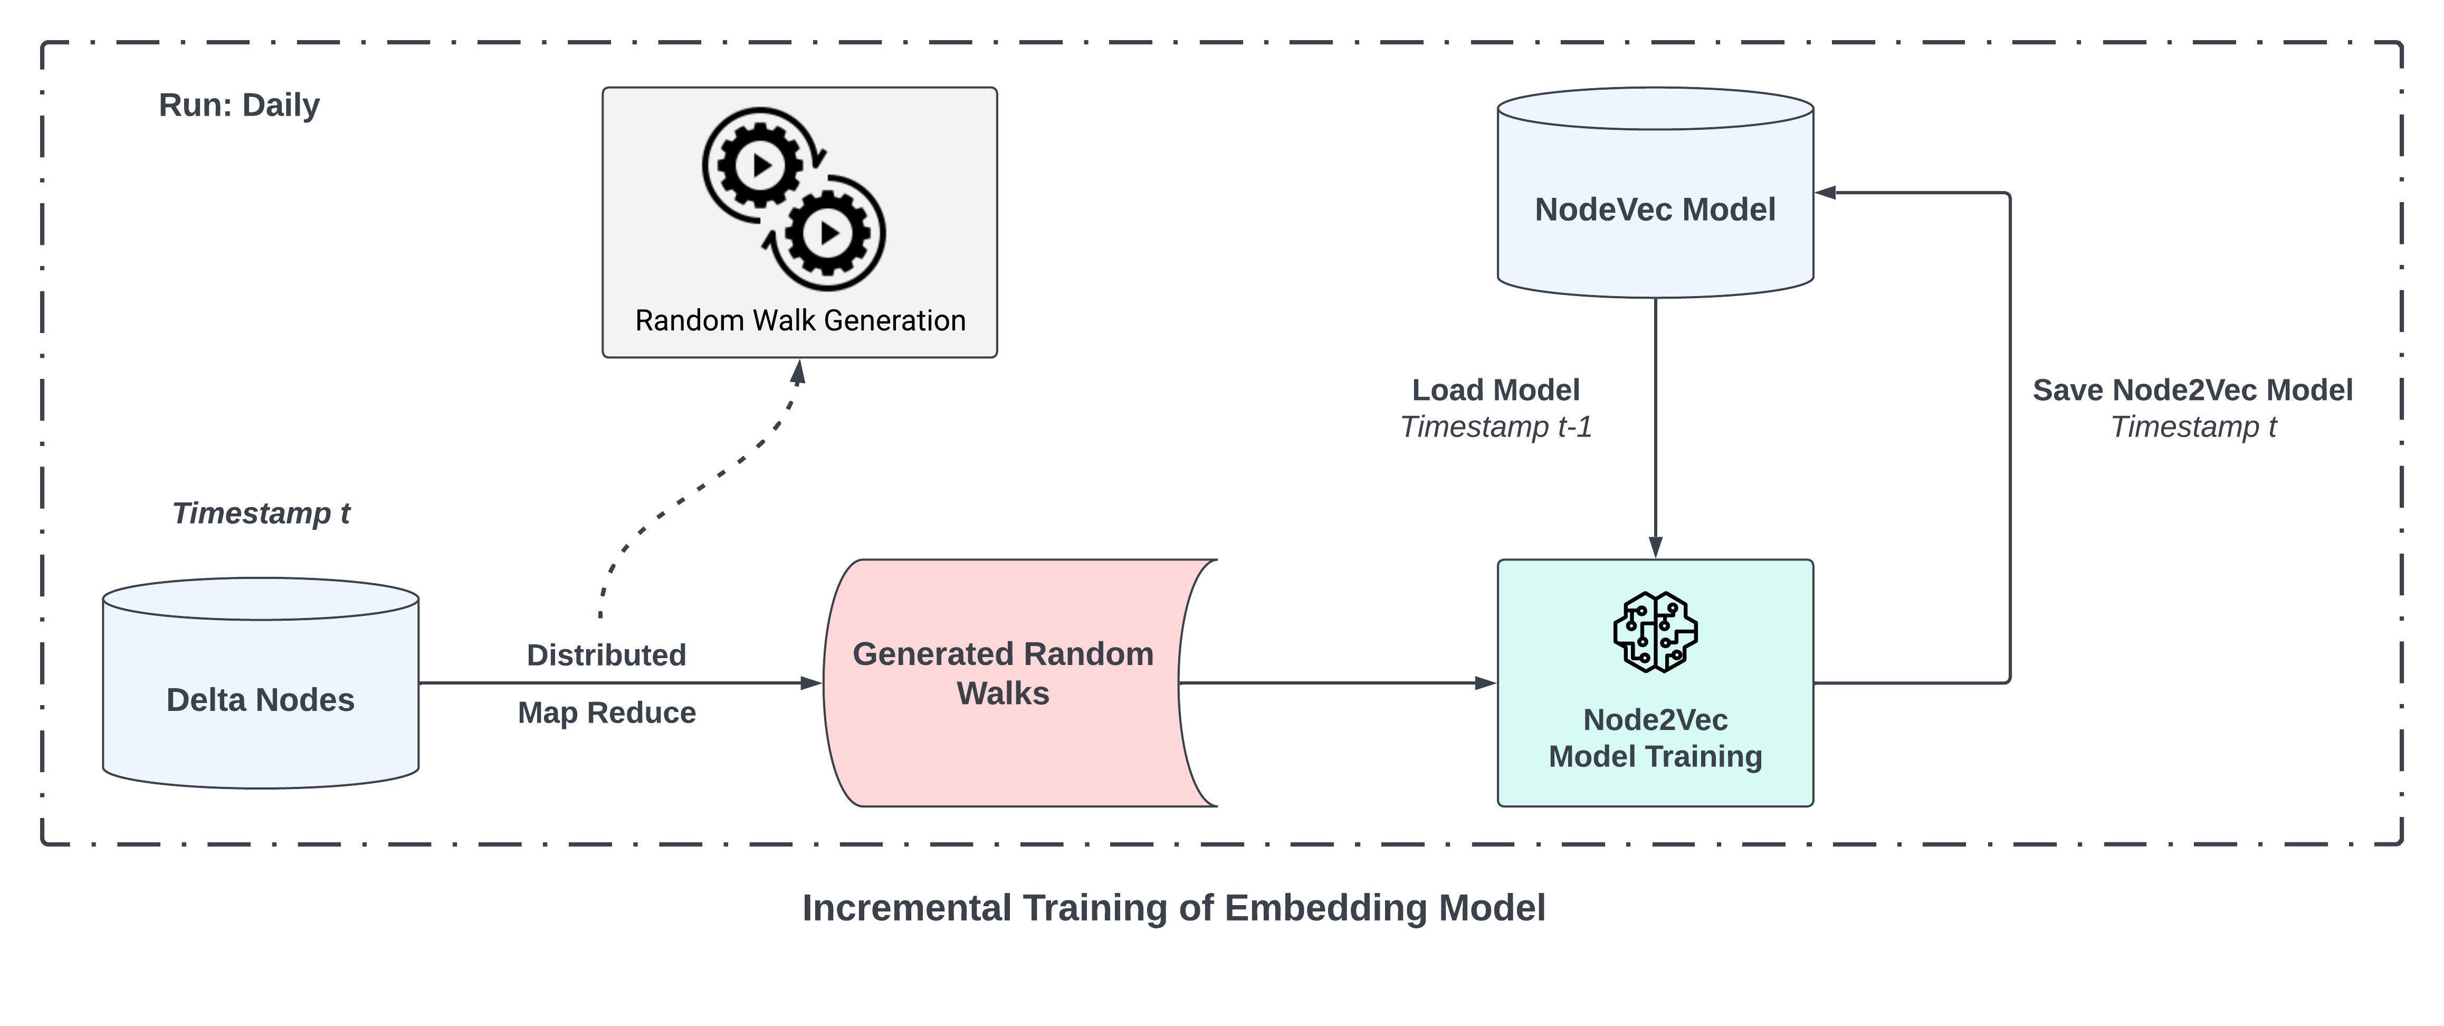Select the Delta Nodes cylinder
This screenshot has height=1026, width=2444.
tap(261, 699)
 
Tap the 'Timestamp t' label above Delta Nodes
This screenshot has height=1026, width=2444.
tap(261, 514)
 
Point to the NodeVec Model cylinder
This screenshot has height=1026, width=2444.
tap(1655, 209)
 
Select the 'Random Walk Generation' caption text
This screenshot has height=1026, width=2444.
tap(800, 321)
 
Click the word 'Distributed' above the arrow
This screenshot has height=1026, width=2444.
tap(606, 655)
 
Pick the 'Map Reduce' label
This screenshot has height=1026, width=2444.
tap(606, 713)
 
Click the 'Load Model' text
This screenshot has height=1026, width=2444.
tap(1495, 390)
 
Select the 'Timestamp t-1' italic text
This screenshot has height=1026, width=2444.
tap(1495, 427)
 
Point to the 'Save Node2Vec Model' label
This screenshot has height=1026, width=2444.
tap(2192, 390)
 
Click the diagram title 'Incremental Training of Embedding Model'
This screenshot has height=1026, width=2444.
tap(1173, 908)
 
